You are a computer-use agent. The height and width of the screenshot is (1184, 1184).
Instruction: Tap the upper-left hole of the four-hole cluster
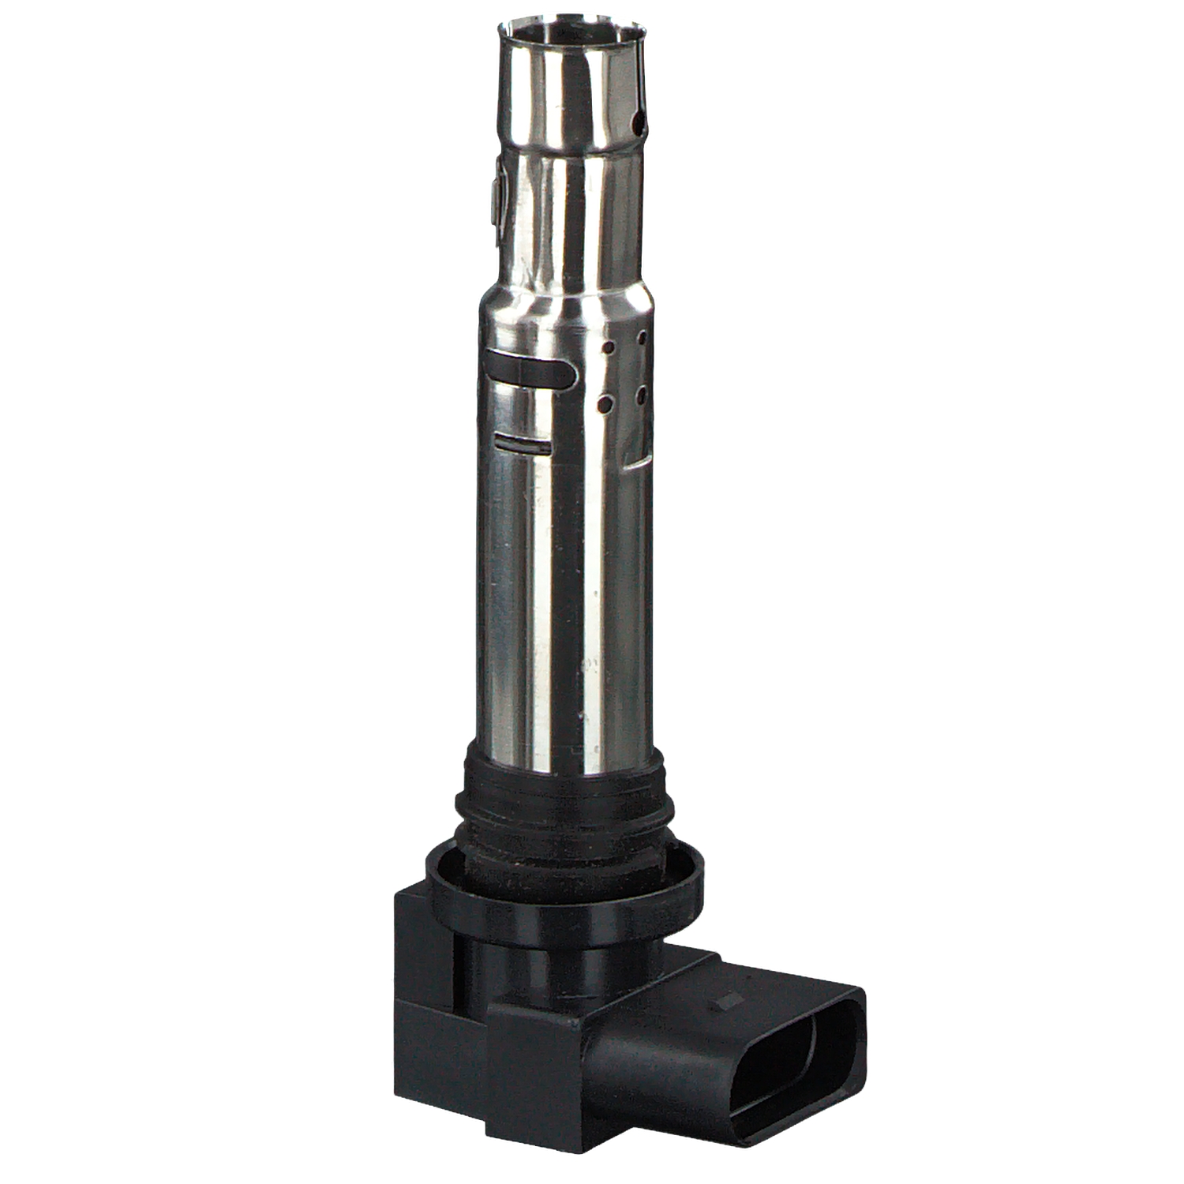point(609,347)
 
